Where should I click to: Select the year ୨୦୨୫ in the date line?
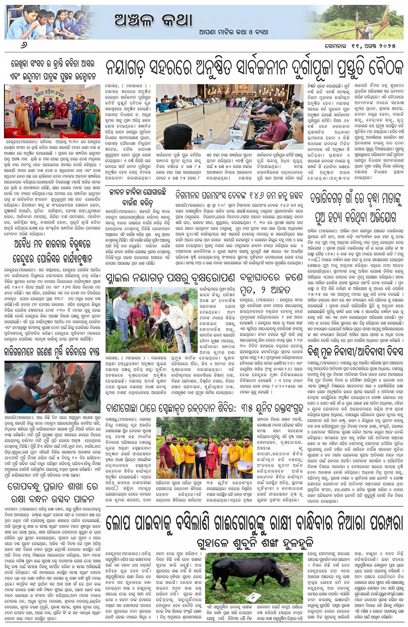389,46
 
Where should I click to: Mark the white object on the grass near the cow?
252,598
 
